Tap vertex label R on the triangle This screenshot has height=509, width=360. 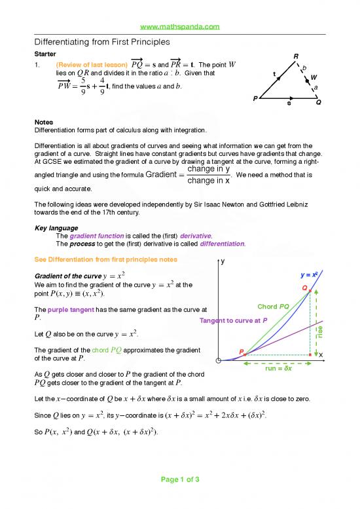(297, 56)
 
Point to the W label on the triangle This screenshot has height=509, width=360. (314, 77)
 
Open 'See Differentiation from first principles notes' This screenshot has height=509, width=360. (105, 259)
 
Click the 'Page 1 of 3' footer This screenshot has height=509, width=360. (179, 498)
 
